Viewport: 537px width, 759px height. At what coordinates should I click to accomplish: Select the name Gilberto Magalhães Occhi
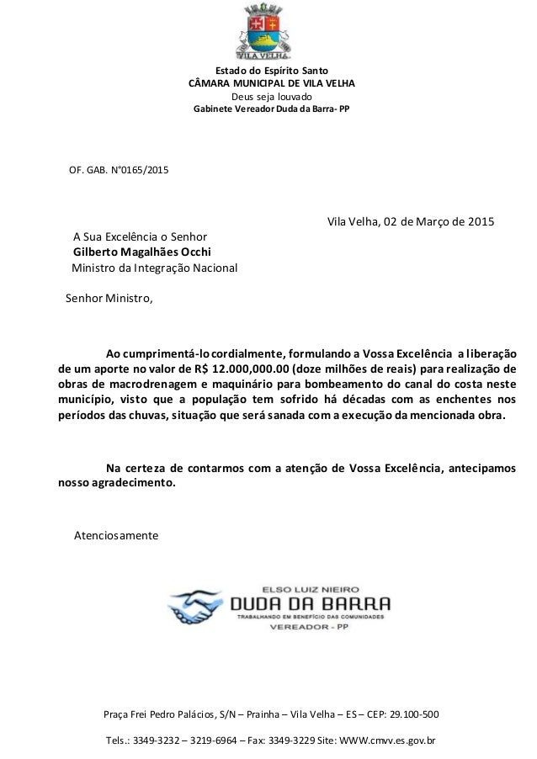click(141, 252)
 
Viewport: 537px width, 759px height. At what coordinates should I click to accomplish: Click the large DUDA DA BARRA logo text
click(310, 603)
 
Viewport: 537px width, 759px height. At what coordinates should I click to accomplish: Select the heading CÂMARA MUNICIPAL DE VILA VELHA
click(271, 84)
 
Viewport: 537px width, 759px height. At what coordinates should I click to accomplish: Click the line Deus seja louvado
click(271, 97)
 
